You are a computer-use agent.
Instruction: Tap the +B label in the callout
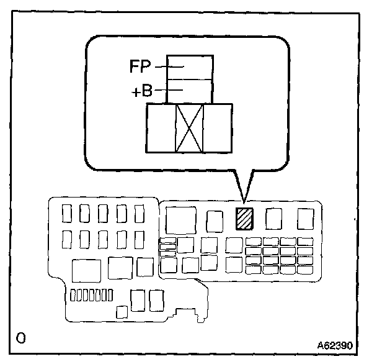click(x=142, y=92)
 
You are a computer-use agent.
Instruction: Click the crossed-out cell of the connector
click(x=190, y=128)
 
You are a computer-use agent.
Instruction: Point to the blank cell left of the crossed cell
click(x=161, y=128)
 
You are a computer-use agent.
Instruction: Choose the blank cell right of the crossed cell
click(x=218, y=128)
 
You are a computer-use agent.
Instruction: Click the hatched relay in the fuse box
click(x=244, y=219)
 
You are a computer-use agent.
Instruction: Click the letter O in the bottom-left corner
click(x=21, y=339)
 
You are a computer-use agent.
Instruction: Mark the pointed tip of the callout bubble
click(x=245, y=202)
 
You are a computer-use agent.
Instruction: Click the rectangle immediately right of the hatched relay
click(x=273, y=219)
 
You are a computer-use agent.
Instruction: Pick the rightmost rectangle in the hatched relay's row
click(x=306, y=219)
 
